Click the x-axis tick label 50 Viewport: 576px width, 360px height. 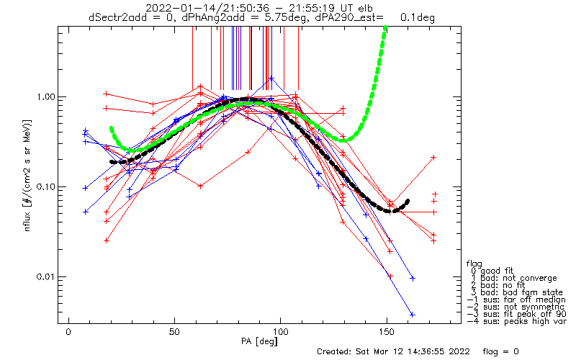coord(174,332)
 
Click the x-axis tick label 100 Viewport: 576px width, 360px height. coord(280,332)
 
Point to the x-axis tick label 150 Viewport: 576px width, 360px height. coord(387,332)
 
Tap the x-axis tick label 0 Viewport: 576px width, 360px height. coord(68,332)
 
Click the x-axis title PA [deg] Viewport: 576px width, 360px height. coord(259,341)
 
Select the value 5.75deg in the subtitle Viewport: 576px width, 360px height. coord(285,17)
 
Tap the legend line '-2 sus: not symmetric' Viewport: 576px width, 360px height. coord(516,307)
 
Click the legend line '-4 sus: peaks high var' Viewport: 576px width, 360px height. coord(517,321)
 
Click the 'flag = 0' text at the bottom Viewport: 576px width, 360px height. coord(500,351)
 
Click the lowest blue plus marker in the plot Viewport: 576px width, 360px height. coord(412,315)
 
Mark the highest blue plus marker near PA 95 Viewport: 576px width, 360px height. coord(271,78)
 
